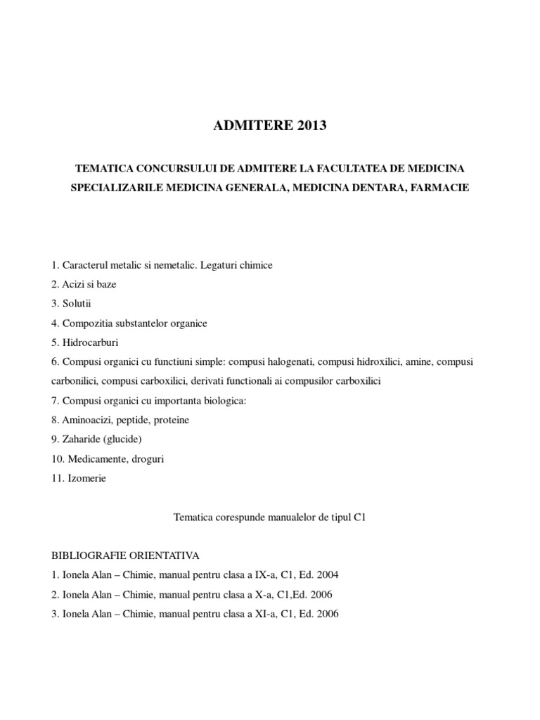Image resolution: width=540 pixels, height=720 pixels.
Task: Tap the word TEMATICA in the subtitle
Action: coord(105,169)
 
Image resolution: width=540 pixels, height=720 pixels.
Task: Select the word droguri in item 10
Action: coord(146,458)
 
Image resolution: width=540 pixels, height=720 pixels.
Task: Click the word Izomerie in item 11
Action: coord(86,477)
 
